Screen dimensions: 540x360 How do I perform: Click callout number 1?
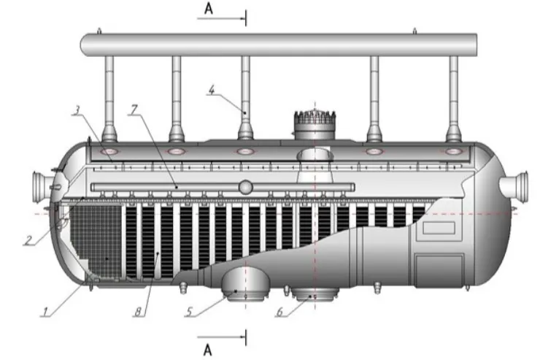pos(45,312)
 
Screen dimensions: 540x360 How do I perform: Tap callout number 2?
pos(28,240)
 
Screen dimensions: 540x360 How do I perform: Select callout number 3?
pos(77,110)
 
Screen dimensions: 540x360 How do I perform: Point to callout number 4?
pos(212,91)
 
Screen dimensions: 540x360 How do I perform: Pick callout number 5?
pos(189,312)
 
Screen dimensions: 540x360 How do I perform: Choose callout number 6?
pos(279,312)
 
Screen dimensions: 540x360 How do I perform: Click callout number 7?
pos(134,110)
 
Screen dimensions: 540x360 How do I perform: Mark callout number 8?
pos(138,312)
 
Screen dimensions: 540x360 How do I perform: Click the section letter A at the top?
pos(209,9)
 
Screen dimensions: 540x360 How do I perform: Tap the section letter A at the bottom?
pos(207,351)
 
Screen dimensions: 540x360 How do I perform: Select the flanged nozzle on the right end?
pos(514,188)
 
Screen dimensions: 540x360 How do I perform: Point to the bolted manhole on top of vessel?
pos(315,124)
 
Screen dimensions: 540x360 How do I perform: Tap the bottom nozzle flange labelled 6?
pos(315,294)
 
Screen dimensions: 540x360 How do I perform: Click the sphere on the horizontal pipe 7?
pos(245,188)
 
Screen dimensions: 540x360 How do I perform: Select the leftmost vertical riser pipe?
pos(109,99)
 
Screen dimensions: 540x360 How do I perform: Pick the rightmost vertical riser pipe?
pos(454,99)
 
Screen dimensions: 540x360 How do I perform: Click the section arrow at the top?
pos(222,18)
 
